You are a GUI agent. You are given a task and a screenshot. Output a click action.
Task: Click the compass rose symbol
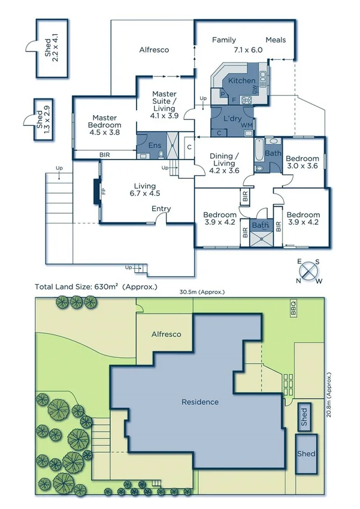[310, 271]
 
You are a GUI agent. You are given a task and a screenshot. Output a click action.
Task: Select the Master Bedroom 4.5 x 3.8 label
[105, 125]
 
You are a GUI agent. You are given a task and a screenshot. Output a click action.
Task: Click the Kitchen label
[242, 80]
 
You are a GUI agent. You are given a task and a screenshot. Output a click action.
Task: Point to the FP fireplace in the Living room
[102, 192]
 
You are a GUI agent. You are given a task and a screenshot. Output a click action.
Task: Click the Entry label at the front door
[161, 209]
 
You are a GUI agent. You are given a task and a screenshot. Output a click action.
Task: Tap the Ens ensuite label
[155, 145]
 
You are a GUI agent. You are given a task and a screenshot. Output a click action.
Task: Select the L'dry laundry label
[232, 119]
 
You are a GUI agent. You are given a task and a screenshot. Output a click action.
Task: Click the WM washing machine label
[246, 125]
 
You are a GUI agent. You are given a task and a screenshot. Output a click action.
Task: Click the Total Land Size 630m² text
[96, 287]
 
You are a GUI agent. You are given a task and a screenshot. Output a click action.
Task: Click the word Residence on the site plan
[200, 402]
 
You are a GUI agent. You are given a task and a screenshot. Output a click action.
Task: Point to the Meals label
[276, 40]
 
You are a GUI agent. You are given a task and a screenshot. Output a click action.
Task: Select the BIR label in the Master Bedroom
[105, 155]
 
